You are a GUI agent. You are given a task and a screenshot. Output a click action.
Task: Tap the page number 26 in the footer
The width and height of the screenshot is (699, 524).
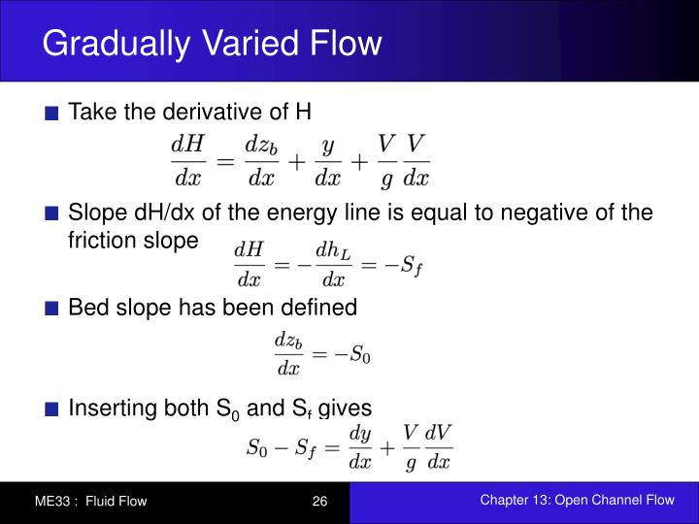[x=320, y=501]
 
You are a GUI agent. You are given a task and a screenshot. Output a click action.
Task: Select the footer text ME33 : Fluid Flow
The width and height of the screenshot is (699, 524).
[x=90, y=501]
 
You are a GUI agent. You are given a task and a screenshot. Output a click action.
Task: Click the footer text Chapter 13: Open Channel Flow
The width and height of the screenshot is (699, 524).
[x=577, y=500]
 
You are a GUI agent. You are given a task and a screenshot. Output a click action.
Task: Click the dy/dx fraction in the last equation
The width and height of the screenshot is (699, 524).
[x=360, y=446]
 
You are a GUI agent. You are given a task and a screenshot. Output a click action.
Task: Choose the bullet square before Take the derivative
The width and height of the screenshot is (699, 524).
[x=53, y=113]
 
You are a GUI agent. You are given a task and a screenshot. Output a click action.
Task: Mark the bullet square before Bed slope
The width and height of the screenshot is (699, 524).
[x=53, y=309]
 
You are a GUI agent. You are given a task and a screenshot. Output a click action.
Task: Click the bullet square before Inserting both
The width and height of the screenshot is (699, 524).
[x=53, y=409]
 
